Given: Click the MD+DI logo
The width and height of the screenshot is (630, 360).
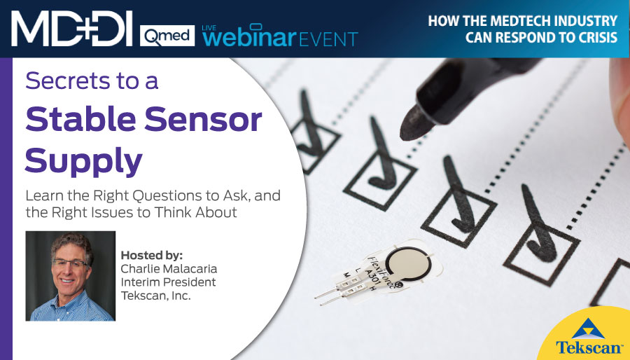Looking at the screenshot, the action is [x=71, y=28].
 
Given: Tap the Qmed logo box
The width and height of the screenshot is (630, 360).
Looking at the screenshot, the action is [x=167, y=36].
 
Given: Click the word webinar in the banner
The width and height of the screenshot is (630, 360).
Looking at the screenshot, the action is [x=249, y=36].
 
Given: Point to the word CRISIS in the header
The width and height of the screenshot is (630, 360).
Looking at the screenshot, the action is [x=593, y=37].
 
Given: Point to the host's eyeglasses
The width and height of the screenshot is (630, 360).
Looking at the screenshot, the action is [x=69, y=263].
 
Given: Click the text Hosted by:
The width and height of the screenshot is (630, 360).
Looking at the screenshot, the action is [x=152, y=256].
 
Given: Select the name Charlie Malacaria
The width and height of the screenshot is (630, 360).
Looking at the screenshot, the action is [x=169, y=268].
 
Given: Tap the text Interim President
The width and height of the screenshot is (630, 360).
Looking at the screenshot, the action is [x=168, y=282].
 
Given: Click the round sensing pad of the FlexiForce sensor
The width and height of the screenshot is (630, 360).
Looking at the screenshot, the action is [x=408, y=264].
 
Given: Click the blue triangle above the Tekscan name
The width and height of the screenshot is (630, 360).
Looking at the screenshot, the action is [x=588, y=328].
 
